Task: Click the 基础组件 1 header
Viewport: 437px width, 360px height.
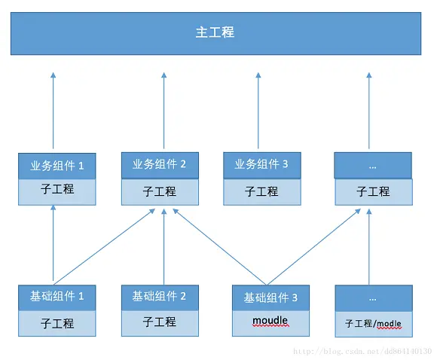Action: pyautogui.click(x=57, y=297)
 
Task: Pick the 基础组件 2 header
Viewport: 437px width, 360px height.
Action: pyautogui.click(x=160, y=296)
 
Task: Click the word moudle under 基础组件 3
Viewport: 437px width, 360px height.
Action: pyautogui.click(x=270, y=321)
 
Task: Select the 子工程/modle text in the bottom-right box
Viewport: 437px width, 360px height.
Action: pyautogui.click(x=374, y=324)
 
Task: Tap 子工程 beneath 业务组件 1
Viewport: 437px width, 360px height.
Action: pyautogui.click(x=58, y=190)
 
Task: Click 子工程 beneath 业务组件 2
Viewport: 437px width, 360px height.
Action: pyautogui.click(x=160, y=191)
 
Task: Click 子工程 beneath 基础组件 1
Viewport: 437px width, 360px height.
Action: pyautogui.click(x=57, y=324)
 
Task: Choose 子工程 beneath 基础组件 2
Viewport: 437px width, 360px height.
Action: pyautogui.click(x=160, y=322)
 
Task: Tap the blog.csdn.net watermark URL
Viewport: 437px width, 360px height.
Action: pyautogui.click(x=362, y=352)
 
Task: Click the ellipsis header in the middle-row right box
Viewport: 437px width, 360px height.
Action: pyautogui.click(x=373, y=165)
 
